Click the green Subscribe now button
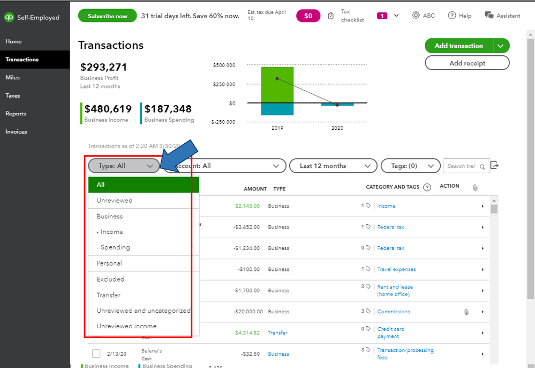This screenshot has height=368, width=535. (107, 16)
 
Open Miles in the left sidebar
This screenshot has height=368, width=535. (13, 78)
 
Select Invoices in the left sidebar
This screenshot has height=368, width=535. (16, 131)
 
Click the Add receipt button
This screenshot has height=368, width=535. (467, 63)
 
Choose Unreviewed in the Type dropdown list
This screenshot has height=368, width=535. (115, 201)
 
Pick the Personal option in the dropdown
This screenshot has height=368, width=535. (109, 263)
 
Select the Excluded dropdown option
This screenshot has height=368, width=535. (110, 279)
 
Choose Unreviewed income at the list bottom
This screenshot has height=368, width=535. (126, 326)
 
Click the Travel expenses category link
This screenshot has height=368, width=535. (396, 269)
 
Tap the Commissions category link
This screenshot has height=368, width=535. (394, 312)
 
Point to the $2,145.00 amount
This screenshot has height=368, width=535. (247, 206)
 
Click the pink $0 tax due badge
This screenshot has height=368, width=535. (308, 16)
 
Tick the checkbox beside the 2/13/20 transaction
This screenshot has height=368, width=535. (96, 354)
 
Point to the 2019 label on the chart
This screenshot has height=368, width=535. (277, 129)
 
